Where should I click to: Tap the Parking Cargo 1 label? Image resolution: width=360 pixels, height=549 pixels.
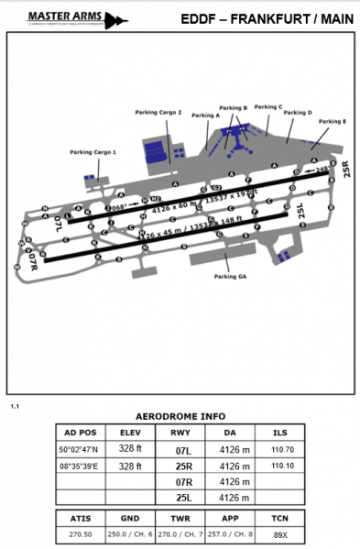click(93, 152)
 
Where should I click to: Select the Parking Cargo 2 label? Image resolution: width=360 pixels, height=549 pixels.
click(165, 112)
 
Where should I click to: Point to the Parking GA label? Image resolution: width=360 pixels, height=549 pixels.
click(231, 276)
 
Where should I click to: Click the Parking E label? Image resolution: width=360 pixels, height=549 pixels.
click(332, 121)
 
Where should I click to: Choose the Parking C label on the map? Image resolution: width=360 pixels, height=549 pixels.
click(267, 106)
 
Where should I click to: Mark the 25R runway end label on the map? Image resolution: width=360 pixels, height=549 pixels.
click(346, 169)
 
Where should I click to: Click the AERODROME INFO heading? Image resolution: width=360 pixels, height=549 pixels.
click(180, 414)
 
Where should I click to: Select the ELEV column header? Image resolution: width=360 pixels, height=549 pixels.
click(131, 433)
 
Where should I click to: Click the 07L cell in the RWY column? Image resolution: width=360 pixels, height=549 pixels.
click(183, 450)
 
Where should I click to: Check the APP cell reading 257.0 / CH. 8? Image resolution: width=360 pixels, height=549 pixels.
click(233, 533)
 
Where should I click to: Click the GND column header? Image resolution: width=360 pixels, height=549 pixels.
click(131, 517)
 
